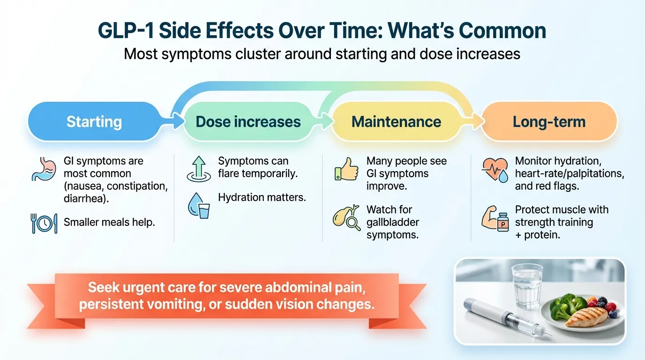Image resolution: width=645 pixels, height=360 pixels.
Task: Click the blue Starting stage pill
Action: (94, 122)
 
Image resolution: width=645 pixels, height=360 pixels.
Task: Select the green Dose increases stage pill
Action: (248, 122)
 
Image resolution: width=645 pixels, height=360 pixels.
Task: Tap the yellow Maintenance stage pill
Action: (396, 122)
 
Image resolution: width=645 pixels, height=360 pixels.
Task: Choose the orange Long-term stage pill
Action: (549, 122)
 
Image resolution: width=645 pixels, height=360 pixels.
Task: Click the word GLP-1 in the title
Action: (126, 31)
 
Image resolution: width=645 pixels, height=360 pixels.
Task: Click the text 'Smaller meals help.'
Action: (109, 222)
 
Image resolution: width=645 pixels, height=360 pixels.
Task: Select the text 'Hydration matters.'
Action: (262, 197)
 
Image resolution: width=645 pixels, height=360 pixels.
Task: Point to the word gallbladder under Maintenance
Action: (393, 222)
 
